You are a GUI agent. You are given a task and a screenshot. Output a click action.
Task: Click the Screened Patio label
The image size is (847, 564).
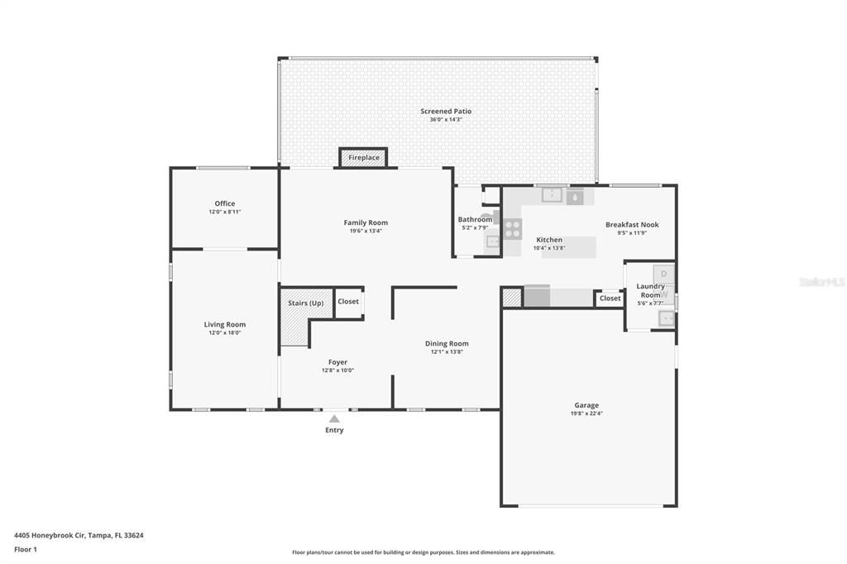tap(445, 111)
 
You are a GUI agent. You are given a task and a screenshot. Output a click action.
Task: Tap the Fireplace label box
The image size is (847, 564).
tap(363, 157)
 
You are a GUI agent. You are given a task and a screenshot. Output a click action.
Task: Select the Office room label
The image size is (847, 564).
tap(224, 203)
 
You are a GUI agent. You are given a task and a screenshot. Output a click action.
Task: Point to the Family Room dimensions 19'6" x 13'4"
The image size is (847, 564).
tap(365, 231)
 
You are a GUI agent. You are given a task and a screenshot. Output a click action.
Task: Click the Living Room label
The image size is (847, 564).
tap(224, 324)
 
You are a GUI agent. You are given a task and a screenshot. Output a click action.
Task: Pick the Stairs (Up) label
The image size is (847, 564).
tap(305, 303)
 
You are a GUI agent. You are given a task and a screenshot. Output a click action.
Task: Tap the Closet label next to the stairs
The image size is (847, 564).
tap(348, 301)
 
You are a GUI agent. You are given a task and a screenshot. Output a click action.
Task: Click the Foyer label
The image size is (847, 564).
tap(337, 361)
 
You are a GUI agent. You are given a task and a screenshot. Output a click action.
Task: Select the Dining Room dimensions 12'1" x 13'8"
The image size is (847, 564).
tap(447, 351)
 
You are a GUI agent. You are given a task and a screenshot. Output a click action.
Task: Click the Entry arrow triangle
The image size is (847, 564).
tap(334, 419)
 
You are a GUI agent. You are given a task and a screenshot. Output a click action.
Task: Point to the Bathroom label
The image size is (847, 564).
tap(475, 219)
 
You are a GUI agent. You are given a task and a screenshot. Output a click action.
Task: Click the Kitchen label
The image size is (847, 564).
tap(548, 239)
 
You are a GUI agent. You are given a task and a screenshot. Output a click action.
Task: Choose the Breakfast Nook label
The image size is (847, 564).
tap(631, 224)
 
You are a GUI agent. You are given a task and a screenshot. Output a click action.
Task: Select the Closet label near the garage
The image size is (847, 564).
tap(610, 298)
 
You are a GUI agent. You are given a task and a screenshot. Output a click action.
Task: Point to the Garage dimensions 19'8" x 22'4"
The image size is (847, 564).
tap(586, 413)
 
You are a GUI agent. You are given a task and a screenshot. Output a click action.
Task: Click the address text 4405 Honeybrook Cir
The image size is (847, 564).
tap(79, 535)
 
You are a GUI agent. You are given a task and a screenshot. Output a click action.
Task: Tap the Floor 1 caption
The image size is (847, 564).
tap(26, 549)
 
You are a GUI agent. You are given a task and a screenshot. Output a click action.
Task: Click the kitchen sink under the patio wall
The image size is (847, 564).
tap(552, 196)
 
